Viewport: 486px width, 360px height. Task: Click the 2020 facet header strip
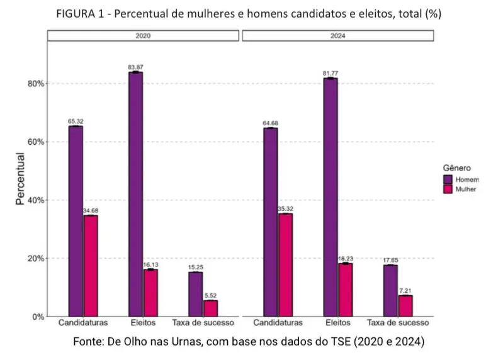point(143,36)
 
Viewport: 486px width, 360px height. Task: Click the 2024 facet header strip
point(337,36)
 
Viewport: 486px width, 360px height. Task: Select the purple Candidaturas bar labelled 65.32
point(76,221)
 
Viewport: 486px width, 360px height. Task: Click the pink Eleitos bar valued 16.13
point(150,293)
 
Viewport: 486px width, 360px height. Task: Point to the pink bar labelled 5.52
point(210,308)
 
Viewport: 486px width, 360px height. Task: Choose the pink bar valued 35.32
point(285,264)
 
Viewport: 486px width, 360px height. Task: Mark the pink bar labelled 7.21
point(405,305)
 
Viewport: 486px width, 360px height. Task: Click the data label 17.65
point(390,259)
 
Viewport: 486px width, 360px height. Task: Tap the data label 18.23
point(346,258)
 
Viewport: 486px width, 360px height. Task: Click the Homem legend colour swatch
point(444,179)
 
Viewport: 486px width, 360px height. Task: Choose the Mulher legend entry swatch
point(444,189)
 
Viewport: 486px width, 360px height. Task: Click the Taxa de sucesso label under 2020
point(203,323)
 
